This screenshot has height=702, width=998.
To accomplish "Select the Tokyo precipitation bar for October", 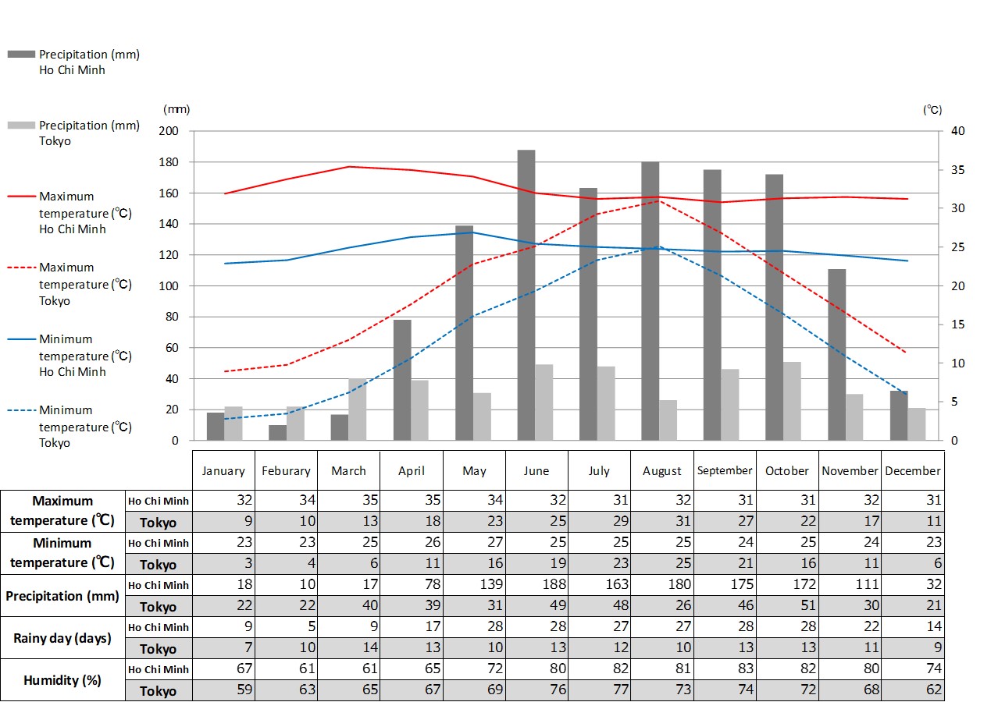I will click(x=792, y=401).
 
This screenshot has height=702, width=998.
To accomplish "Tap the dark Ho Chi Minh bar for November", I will click(x=836, y=355).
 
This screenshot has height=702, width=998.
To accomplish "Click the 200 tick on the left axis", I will click(x=169, y=131).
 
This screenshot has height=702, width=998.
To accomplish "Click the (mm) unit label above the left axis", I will click(x=176, y=110).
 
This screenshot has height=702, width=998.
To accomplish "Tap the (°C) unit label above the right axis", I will click(x=932, y=110).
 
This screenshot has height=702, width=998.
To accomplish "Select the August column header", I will click(x=662, y=471).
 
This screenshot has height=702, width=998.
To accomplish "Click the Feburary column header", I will click(x=286, y=471).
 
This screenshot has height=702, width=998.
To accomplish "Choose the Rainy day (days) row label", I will click(x=62, y=638).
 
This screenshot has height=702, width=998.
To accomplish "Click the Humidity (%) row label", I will click(x=62, y=680).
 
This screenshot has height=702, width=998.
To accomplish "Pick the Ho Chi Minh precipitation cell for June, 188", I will click(x=536, y=585).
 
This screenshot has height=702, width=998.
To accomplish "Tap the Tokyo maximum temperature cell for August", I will click(x=661, y=523).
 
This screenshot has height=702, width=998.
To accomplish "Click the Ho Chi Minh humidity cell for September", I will click(x=724, y=669).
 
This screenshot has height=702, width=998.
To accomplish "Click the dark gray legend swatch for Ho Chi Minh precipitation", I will click(x=21, y=55).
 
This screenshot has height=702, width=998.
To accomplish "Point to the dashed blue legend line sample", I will click(x=21, y=410).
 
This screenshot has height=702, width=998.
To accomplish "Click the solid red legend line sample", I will click(x=21, y=197).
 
